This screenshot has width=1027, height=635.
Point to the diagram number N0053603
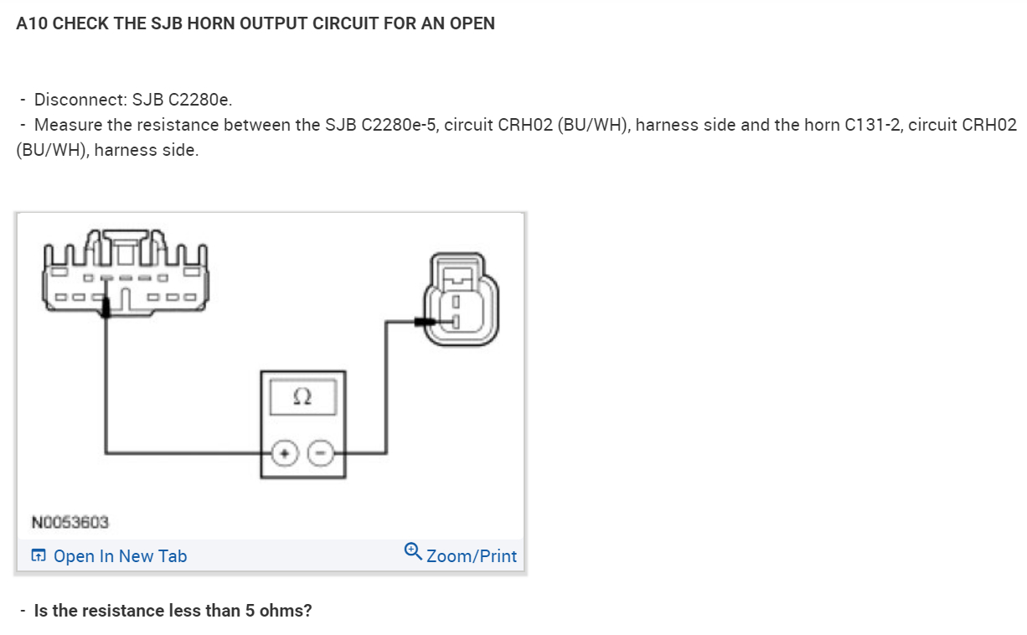[70, 522]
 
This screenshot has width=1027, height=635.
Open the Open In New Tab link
[120, 556]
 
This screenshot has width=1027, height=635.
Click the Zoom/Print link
[472, 556]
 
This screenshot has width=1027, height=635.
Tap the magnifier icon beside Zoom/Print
[412, 550]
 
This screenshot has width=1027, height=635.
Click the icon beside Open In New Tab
[39, 555]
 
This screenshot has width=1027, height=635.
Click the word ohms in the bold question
[285, 611]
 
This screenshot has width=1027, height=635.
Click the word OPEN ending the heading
[472, 23]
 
